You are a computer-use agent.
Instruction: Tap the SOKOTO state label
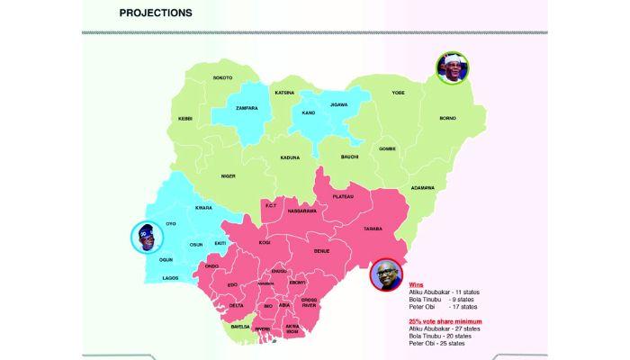(x=223, y=77)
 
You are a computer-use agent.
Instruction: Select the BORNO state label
(x=447, y=118)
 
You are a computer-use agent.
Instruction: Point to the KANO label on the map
(x=309, y=112)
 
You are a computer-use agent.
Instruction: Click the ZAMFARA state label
(x=247, y=108)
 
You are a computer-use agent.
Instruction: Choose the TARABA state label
(x=373, y=229)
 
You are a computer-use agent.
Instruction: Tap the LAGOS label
(x=171, y=278)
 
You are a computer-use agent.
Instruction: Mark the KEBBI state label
(x=185, y=118)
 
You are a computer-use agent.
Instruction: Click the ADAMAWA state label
(x=422, y=187)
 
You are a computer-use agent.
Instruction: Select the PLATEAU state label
(x=343, y=195)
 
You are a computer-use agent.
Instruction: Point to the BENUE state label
(x=321, y=250)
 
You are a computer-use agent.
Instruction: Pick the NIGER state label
(x=228, y=175)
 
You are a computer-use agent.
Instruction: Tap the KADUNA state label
(x=290, y=157)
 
